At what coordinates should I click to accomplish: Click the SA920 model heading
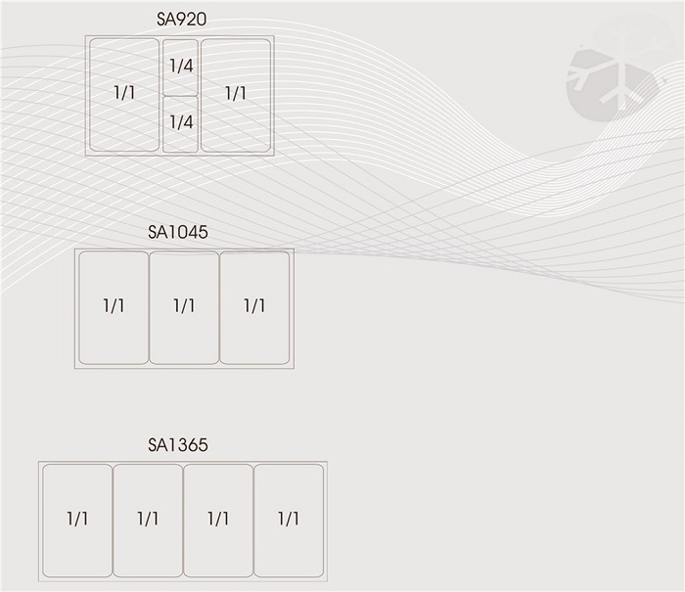point(181,19)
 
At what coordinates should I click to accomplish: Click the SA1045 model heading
point(178,232)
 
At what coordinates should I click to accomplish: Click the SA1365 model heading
point(178,445)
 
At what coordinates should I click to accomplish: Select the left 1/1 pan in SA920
point(124,95)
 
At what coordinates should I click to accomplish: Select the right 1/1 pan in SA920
point(236,95)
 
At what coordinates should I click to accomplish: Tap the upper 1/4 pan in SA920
point(180,67)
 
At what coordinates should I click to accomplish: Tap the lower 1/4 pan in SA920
point(180,123)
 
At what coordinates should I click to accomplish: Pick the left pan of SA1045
point(114,307)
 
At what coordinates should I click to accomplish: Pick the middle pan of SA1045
point(184,307)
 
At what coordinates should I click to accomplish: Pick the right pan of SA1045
point(254,307)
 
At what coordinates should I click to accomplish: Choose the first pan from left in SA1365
point(77,520)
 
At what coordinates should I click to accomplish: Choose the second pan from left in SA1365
point(148,520)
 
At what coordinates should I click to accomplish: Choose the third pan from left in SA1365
point(218,520)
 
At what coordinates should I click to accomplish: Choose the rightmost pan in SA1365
point(289,520)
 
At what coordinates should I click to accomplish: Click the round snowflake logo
point(609,73)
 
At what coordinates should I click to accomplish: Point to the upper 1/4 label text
point(180,67)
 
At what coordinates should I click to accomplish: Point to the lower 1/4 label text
point(180,122)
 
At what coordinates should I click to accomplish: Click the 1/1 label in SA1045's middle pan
point(184,306)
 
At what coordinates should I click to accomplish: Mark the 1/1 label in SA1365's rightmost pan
point(289,519)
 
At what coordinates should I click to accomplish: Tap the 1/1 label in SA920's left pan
point(124,93)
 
